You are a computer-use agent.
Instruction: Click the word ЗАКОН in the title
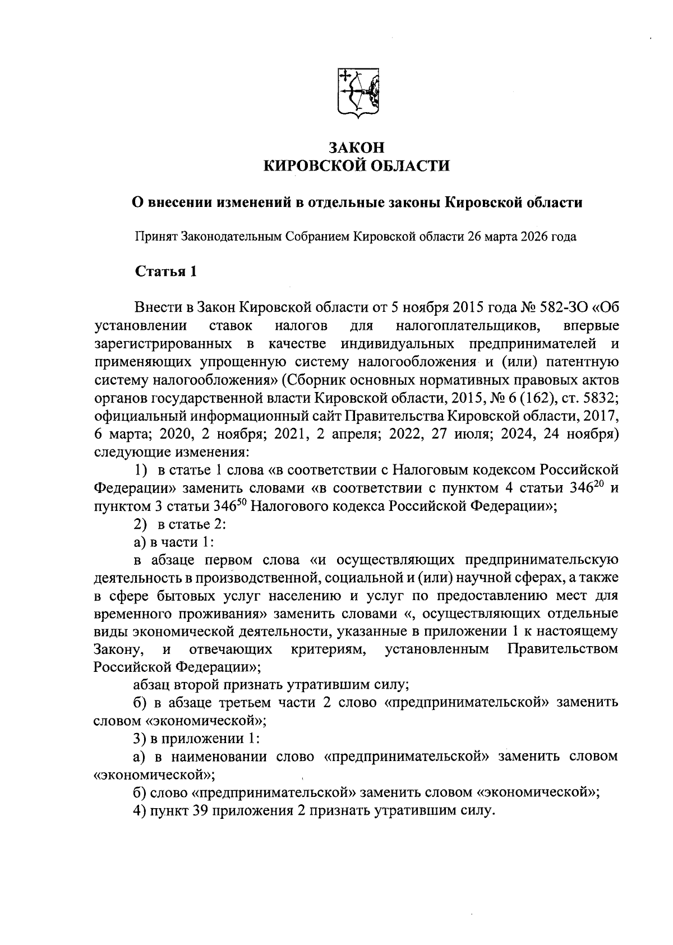pos(357,147)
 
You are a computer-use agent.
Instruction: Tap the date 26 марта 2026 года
pos(521,236)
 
